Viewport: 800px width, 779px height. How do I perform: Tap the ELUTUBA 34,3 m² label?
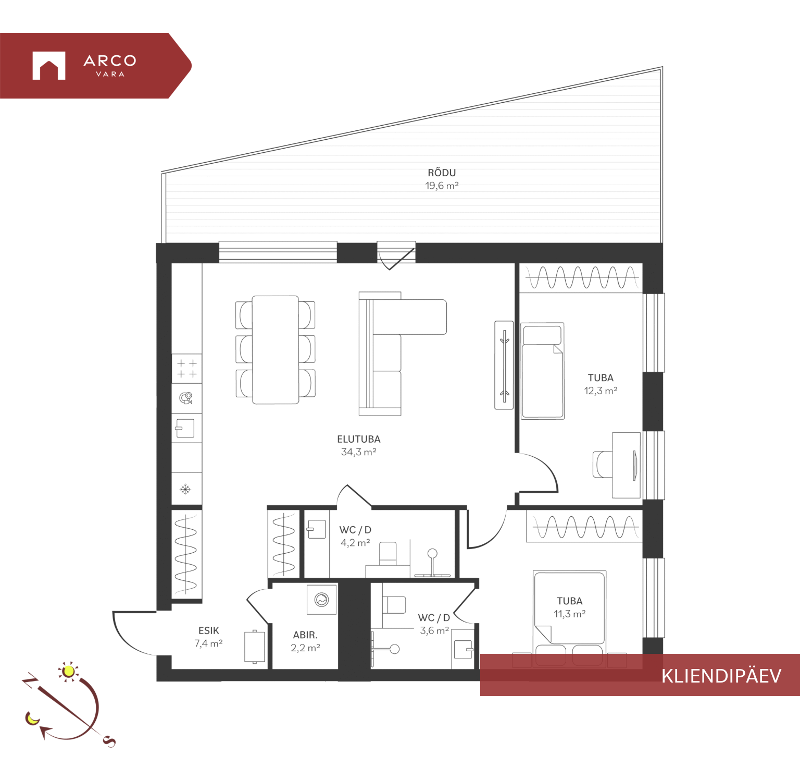[x=358, y=445]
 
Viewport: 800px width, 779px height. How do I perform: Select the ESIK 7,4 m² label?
[x=208, y=637]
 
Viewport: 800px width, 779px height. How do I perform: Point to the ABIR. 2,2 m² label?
[x=305, y=641]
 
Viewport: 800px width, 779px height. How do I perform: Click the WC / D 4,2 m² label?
[x=355, y=536]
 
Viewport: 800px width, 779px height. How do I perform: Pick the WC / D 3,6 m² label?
[x=434, y=624]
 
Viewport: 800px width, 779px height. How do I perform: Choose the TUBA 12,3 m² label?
[x=601, y=384]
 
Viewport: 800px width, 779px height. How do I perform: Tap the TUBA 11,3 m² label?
[x=569, y=607]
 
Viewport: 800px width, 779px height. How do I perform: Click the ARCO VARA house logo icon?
[x=49, y=66]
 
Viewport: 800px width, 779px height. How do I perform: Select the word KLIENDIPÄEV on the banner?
[x=721, y=676]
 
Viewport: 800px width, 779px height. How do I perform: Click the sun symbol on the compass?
[x=68, y=671]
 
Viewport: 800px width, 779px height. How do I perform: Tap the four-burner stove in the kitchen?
[x=187, y=369]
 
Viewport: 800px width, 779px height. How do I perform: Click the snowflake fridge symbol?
[x=185, y=489]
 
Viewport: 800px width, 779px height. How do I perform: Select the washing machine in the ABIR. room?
[x=322, y=600]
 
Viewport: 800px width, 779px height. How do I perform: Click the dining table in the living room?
[x=276, y=350]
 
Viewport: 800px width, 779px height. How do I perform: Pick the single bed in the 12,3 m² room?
[x=543, y=371]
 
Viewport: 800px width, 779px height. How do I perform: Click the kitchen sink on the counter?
[x=185, y=428]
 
